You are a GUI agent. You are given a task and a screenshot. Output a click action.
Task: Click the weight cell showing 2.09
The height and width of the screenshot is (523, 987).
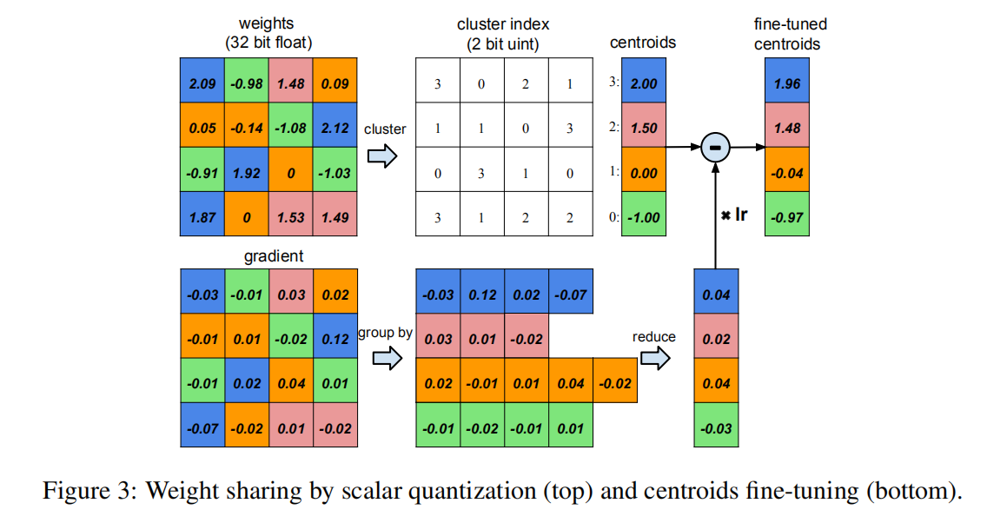[x=202, y=84]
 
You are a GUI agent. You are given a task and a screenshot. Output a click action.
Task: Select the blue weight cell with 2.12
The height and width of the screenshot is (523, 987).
[x=335, y=129]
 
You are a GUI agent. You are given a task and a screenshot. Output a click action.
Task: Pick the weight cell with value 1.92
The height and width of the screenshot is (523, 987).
[x=246, y=173]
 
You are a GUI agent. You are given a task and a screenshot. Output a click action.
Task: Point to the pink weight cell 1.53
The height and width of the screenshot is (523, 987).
[x=290, y=217]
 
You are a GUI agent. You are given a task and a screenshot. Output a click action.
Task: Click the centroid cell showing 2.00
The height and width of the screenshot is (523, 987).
[x=643, y=83]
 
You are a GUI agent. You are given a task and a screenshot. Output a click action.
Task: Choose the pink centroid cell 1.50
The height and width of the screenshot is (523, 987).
[x=643, y=128]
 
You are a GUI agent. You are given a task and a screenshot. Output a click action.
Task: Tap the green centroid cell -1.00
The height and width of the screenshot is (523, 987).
[x=643, y=217]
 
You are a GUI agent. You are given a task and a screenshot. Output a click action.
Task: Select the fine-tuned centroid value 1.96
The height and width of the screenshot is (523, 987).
[x=786, y=83]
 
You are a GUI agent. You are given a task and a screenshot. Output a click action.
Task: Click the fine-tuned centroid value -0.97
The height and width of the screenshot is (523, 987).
[x=786, y=217]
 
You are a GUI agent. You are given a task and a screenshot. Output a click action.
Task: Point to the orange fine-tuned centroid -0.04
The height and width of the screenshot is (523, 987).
[x=786, y=173]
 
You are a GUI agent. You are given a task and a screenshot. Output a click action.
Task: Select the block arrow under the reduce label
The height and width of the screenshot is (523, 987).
[x=656, y=359]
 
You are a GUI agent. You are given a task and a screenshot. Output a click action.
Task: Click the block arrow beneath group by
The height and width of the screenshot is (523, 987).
[x=383, y=358]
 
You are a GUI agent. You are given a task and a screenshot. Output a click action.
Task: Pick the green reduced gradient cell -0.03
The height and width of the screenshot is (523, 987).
[x=717, y=427]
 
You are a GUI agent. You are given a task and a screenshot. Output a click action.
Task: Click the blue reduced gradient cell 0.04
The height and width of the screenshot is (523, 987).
[x=717, y=295]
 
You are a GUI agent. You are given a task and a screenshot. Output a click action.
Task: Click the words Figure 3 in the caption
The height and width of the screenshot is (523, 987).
[x=89, y=491]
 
